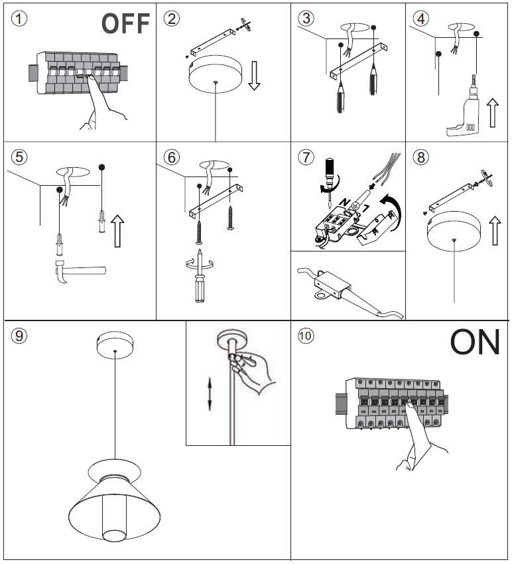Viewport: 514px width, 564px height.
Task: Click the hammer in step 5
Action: coord(77,272)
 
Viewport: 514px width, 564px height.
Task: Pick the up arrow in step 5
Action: coord(117,229)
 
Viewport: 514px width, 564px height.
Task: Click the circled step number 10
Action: coord(306,336)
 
